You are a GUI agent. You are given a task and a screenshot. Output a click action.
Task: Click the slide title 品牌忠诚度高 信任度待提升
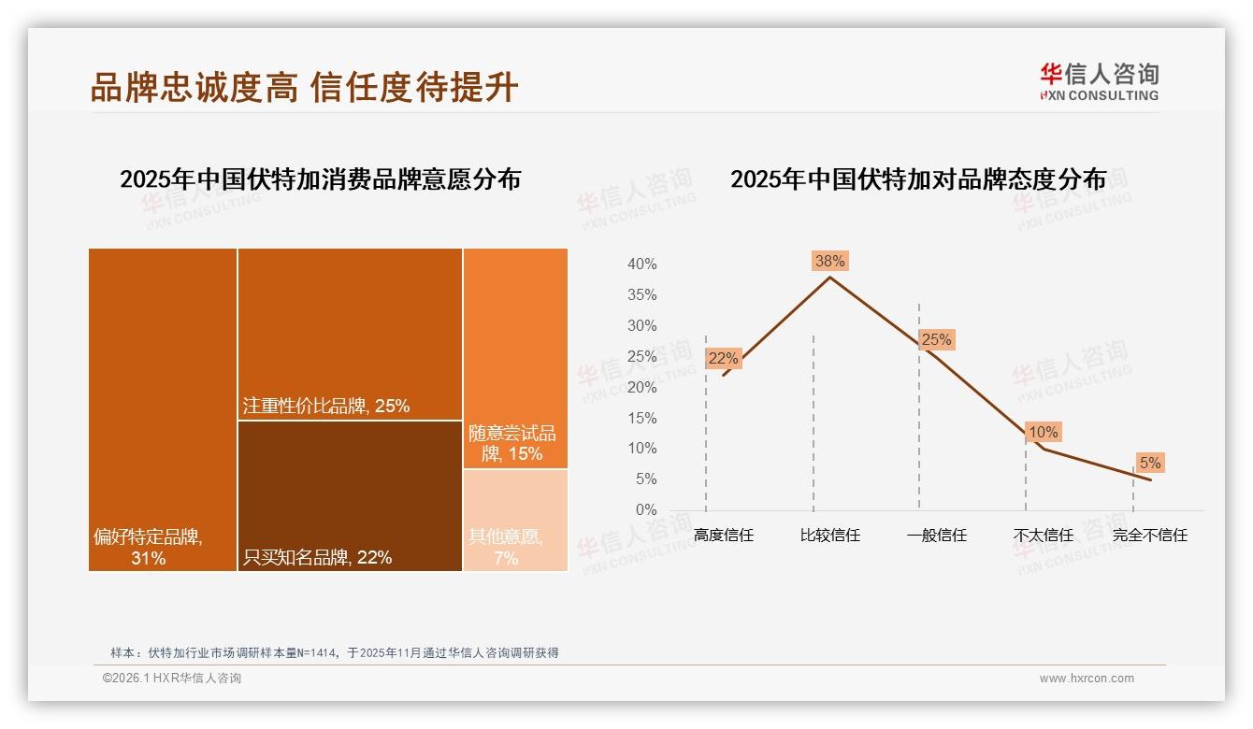304,87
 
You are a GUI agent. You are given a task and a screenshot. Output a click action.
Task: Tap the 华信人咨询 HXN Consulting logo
1099,82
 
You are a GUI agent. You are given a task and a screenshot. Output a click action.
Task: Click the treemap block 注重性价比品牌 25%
350,334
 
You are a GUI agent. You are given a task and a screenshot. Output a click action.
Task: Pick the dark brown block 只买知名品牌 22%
350,495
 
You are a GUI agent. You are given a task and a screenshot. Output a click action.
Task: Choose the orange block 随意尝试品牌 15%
515,358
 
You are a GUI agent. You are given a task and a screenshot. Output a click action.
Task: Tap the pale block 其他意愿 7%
515,520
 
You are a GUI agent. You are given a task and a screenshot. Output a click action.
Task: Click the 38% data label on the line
829,262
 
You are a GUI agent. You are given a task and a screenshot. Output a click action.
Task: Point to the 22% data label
723,358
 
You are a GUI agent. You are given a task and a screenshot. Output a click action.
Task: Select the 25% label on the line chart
936,340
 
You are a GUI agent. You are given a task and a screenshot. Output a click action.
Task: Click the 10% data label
1043,433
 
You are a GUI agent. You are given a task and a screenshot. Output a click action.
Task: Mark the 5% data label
1149,463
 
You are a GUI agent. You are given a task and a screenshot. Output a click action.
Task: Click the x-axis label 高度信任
723,536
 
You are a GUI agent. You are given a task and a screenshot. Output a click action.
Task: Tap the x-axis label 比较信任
829,536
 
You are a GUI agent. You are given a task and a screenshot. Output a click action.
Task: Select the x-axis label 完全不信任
1149,536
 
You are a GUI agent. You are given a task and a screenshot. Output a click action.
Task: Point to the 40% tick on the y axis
641,264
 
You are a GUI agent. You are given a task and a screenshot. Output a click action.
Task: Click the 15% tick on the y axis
641,418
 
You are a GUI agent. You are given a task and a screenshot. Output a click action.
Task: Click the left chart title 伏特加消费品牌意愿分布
320,179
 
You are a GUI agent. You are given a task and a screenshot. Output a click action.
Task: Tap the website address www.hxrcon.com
1086,679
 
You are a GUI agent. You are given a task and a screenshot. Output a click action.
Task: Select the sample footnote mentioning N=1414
334,652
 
